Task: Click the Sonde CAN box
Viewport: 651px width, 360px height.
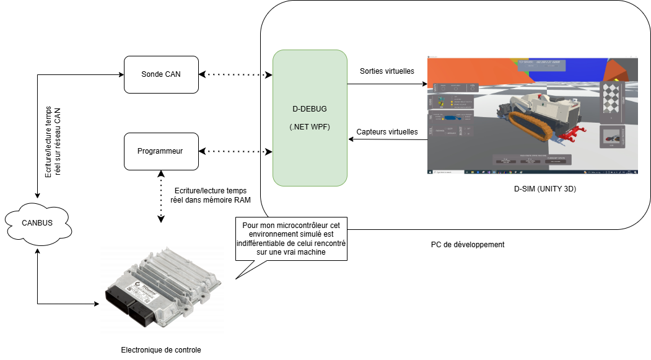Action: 161,74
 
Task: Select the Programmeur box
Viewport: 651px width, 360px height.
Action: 161,151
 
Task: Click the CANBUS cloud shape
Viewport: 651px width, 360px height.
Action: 37,223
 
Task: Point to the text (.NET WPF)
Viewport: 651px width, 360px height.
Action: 309,128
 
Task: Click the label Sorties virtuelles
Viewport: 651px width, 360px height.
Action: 387,71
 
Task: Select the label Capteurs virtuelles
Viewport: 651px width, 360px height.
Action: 387,131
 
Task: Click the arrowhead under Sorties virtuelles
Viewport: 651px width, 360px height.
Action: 424,84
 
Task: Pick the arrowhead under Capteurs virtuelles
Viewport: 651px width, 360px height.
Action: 351,140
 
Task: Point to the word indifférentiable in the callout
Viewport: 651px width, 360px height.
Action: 279,244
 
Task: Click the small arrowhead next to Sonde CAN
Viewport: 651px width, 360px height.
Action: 268,74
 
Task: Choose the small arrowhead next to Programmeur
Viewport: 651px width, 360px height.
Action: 268,151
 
